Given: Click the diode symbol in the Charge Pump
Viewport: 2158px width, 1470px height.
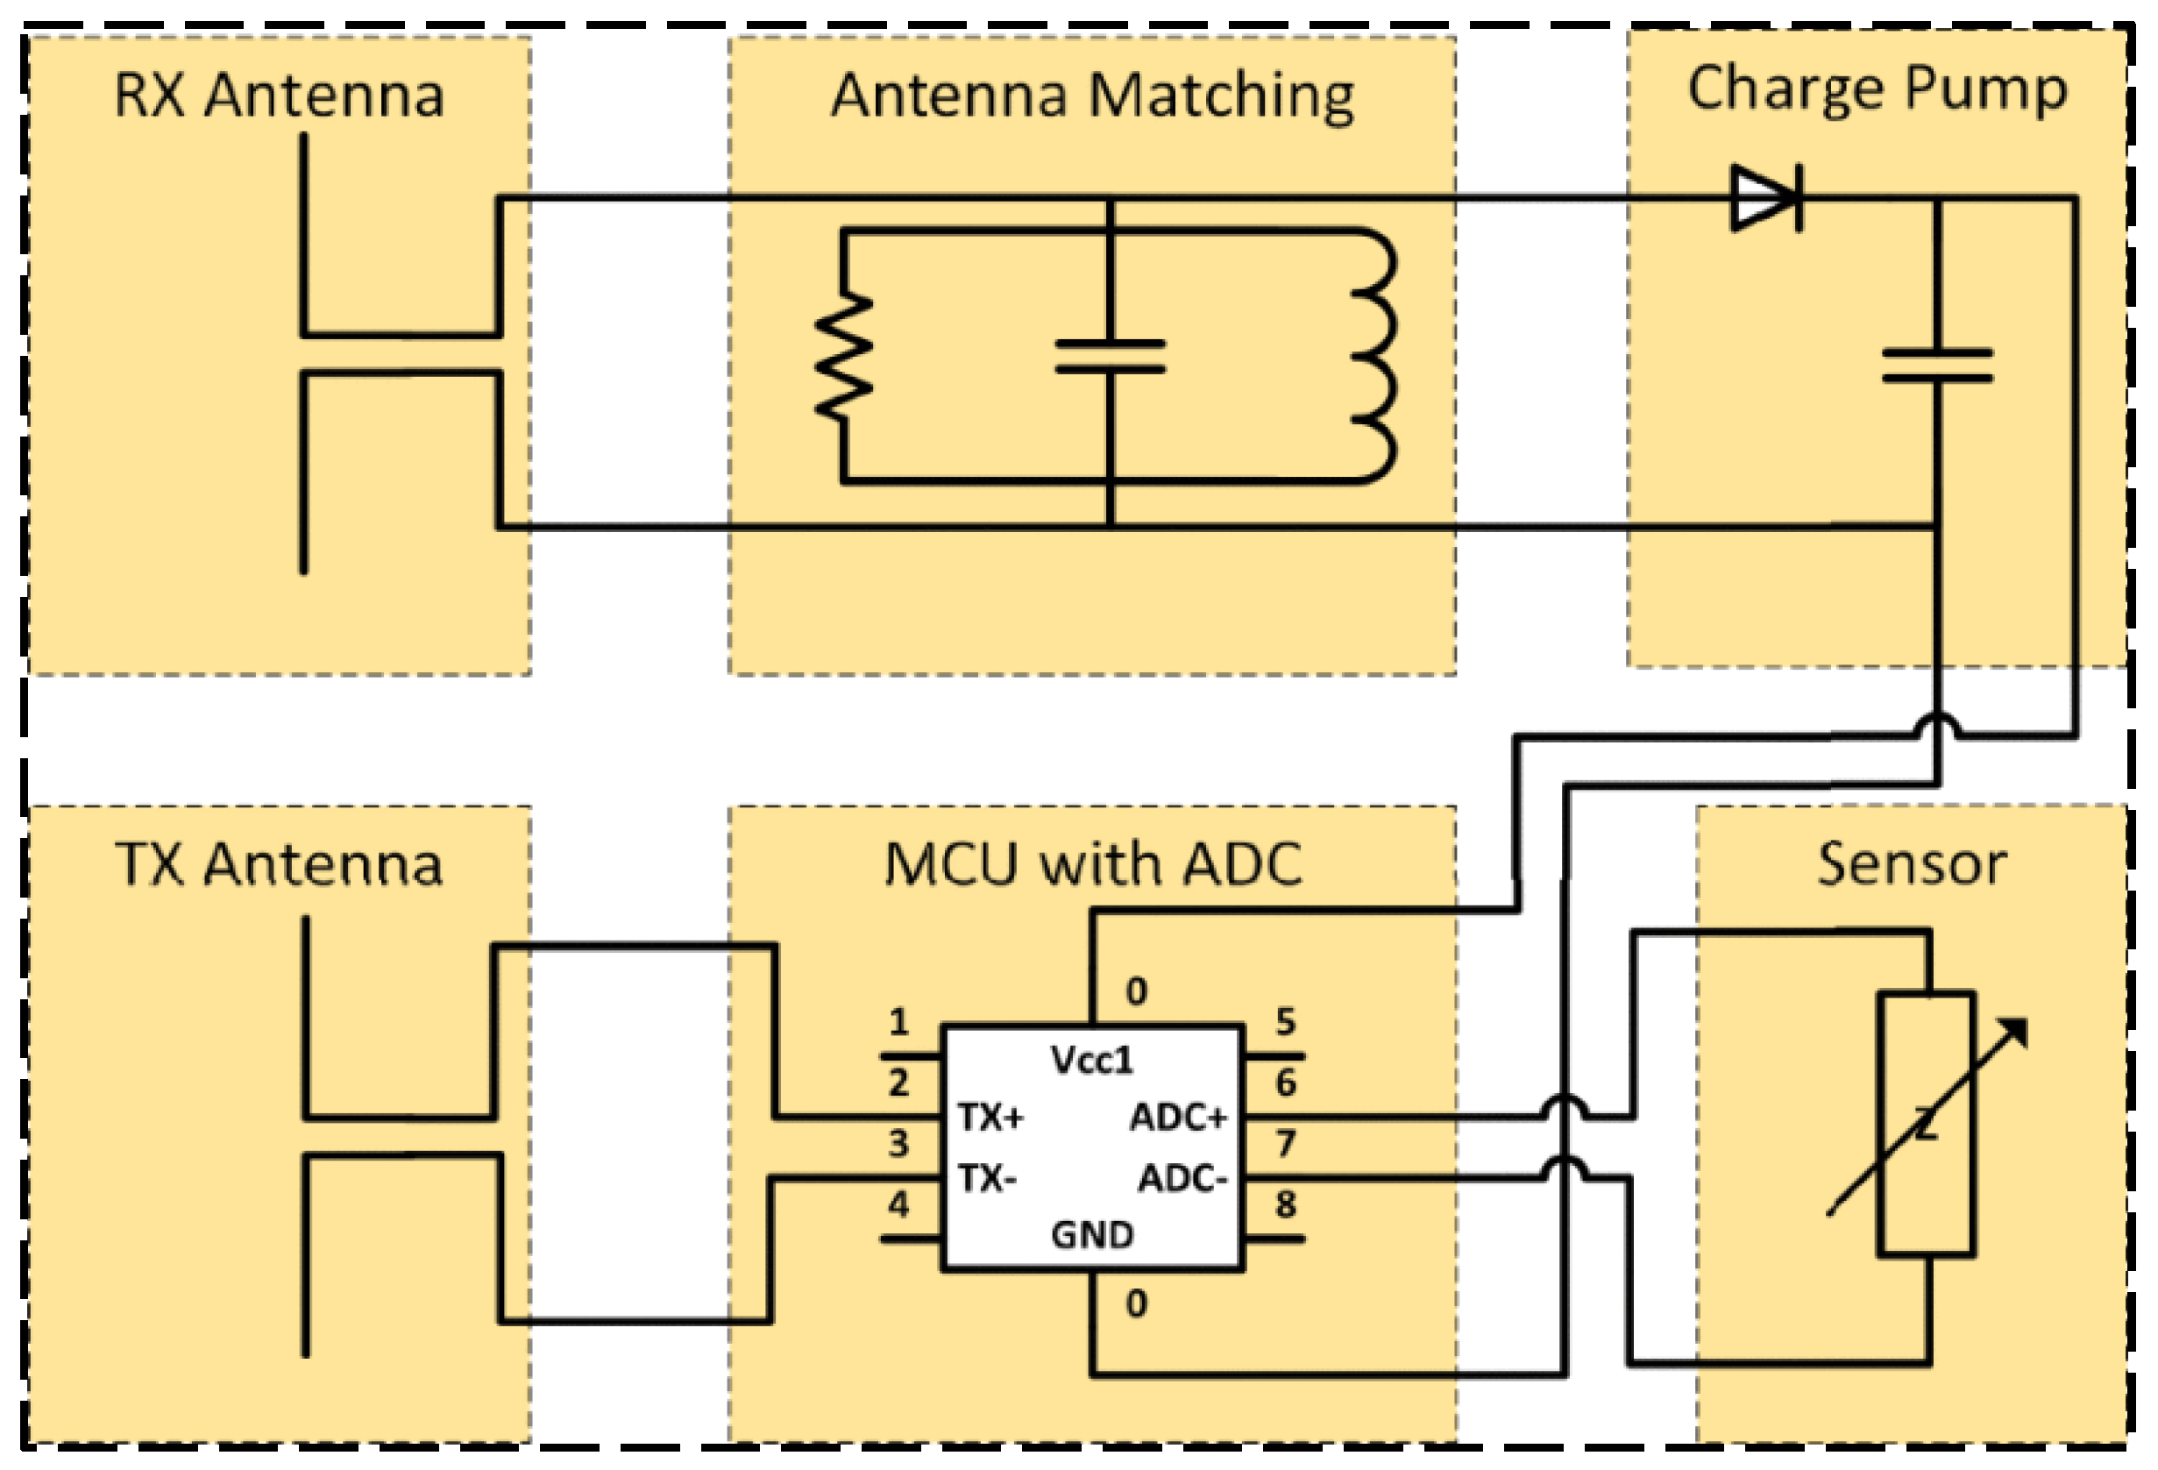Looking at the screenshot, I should (x=1765, y=198).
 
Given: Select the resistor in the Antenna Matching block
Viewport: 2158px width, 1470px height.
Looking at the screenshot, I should (x=843, y=356).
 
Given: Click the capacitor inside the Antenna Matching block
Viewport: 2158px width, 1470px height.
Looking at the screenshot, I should (x=1111, y=357).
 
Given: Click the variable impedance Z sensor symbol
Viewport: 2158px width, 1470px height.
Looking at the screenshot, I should (x=1926, y=1125).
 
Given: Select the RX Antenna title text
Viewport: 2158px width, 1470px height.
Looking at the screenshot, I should (x=279, y=96).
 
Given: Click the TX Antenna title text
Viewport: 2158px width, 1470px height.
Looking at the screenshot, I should (x=279, y=864).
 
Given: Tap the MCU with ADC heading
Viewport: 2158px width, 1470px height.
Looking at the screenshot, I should (x=1092, y=864).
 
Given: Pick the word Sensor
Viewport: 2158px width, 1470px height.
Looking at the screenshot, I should (x=1911, y=864).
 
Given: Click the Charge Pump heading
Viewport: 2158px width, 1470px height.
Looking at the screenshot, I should (x=1877, y=90).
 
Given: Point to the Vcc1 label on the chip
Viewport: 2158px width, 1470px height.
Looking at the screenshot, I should (x=1092, y=1061).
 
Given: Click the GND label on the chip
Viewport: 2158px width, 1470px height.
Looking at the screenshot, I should (x=1092, y=1235).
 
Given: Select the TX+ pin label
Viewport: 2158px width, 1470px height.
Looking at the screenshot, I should (x=990, y=1118).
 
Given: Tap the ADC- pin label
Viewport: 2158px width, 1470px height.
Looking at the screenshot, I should (x=1183, y=1179).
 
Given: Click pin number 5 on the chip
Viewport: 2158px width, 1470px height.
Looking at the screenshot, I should (x=1285, y=1022).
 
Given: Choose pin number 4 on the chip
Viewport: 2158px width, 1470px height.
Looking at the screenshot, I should (x=898, y=1205).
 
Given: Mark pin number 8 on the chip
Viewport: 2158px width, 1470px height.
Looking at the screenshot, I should (x=1285, y=1205).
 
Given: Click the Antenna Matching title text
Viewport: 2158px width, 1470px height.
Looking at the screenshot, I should (x=1092, y=96).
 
